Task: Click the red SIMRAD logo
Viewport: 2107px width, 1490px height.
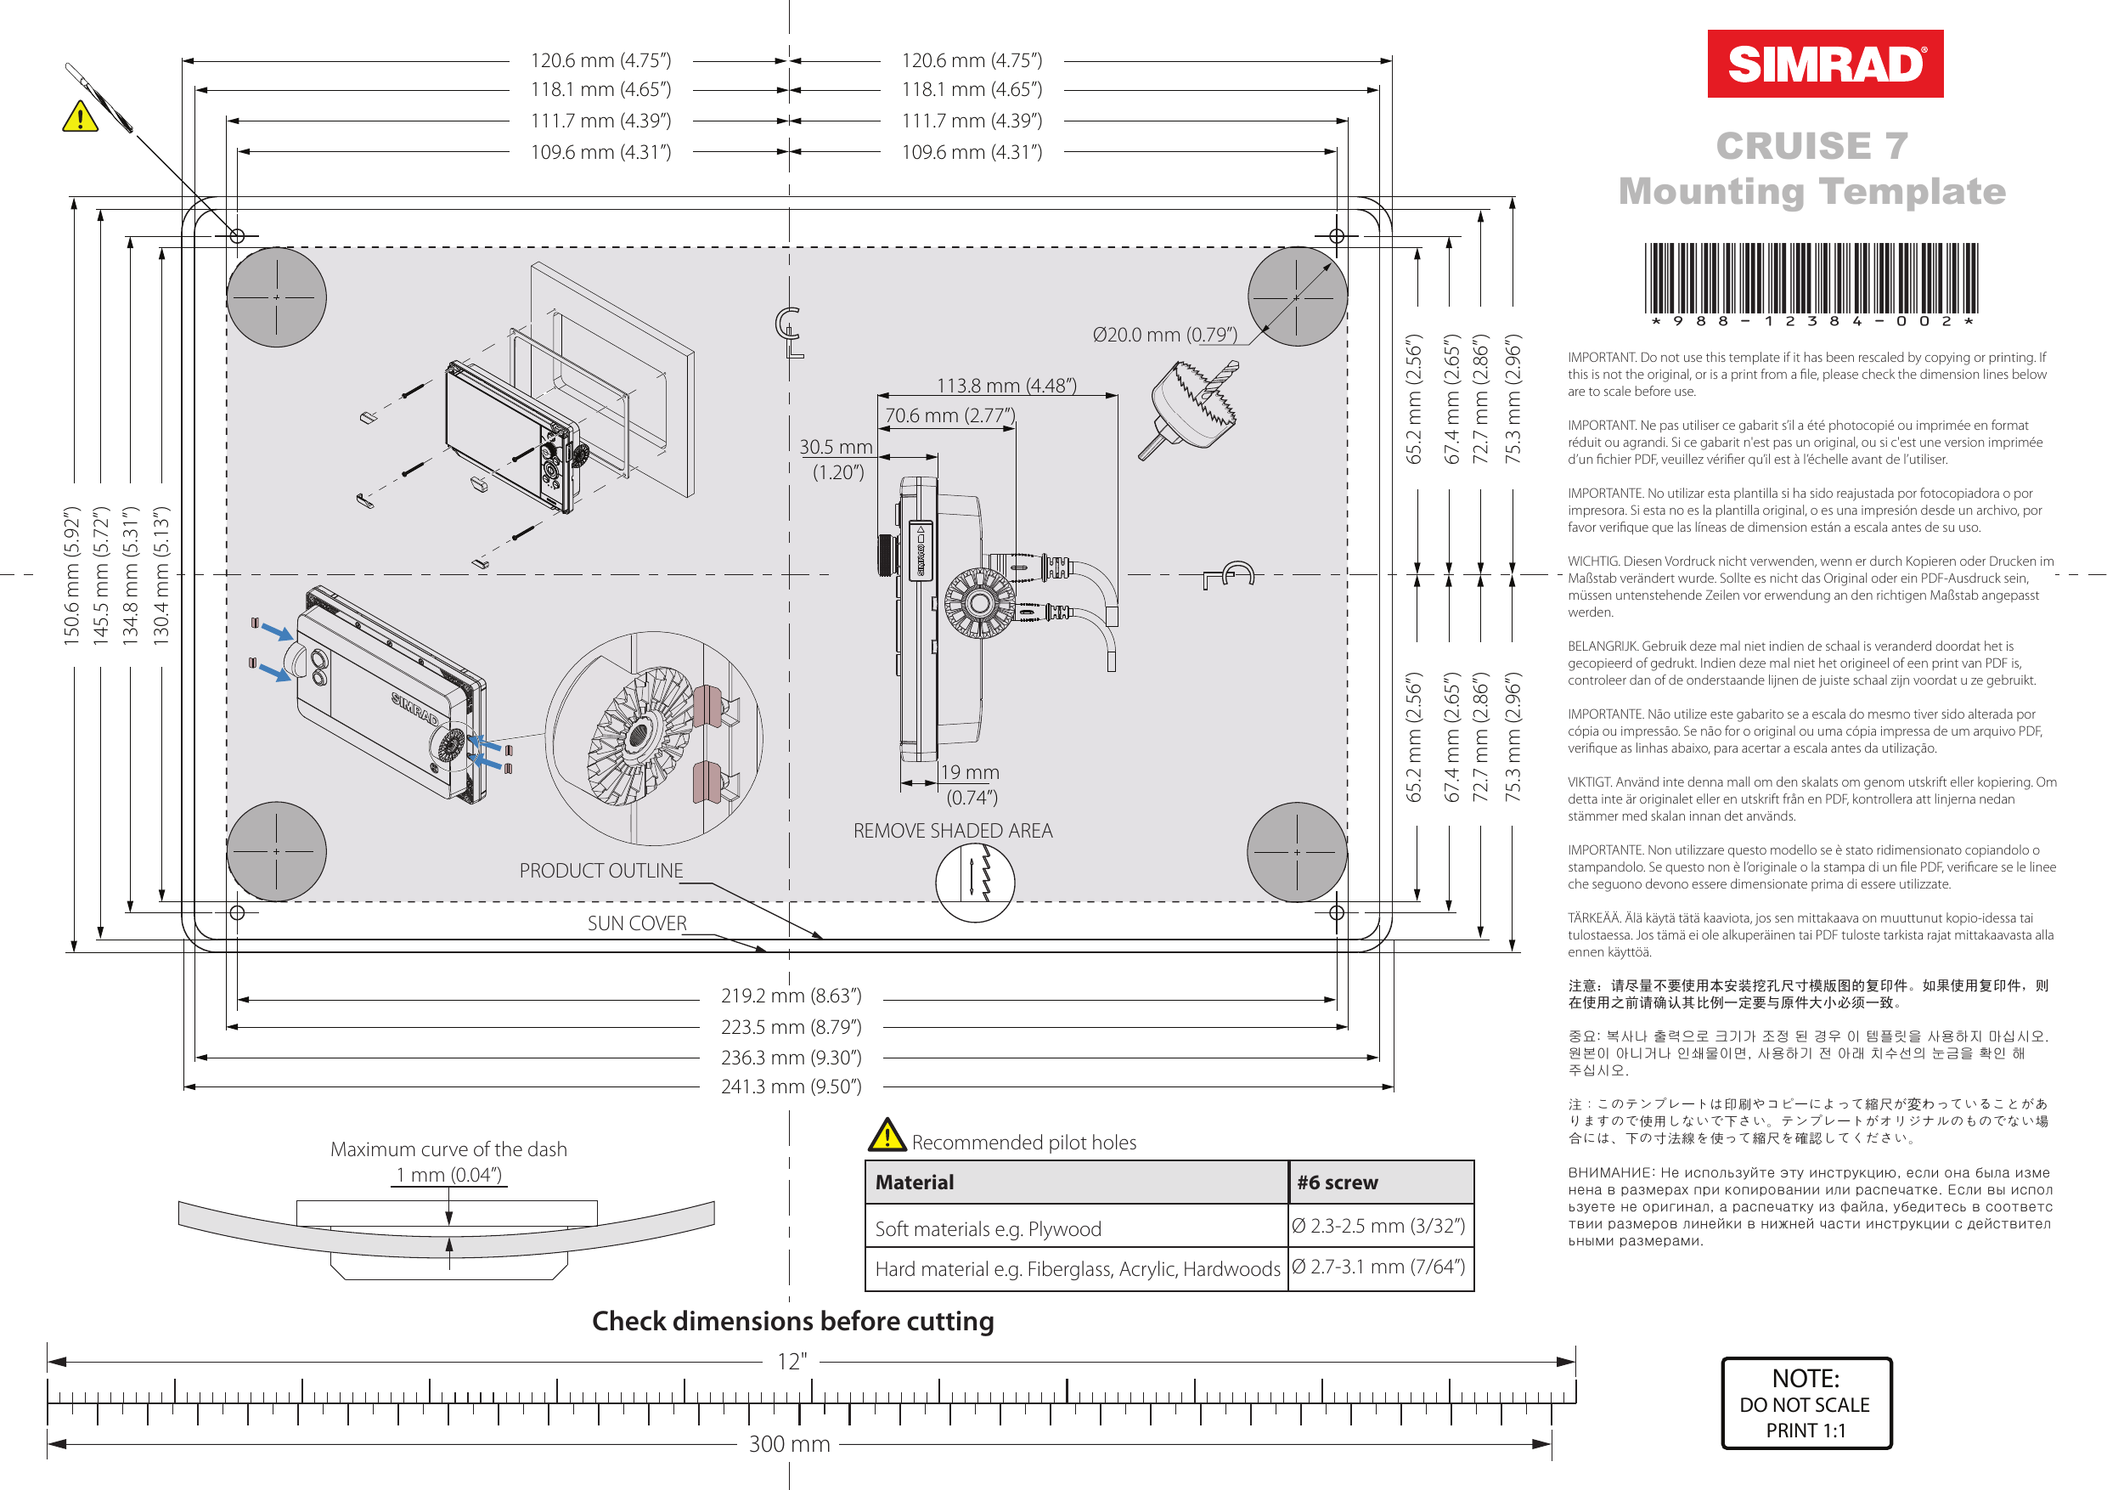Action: [x=1824, y=65]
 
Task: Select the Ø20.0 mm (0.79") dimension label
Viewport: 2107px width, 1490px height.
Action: [x=1164, y=335]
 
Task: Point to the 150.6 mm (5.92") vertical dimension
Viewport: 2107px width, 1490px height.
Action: [x=72, y=576]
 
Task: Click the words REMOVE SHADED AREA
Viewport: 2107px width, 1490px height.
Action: [x=953, y=831]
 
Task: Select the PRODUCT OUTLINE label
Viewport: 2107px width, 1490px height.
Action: [x=601, y=871]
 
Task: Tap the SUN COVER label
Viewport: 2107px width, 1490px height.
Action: [x=637, y=923]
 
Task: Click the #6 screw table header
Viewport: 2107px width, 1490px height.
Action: [x=1337, y=1182]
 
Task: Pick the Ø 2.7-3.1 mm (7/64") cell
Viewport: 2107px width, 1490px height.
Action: [x=1378, y=1267]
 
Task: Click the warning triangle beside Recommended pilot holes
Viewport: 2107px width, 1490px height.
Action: [x=887, y=1137]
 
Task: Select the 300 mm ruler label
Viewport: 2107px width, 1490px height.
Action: [x=789, y=1444]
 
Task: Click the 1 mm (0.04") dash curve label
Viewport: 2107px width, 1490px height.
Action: [x=448, y=1175]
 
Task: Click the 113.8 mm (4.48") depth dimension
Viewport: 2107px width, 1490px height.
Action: [x=1006, y=387]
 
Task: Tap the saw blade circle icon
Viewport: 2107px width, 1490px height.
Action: [x=975, y=883]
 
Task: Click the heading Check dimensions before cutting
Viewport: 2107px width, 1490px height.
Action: [x=793, y=1321]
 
